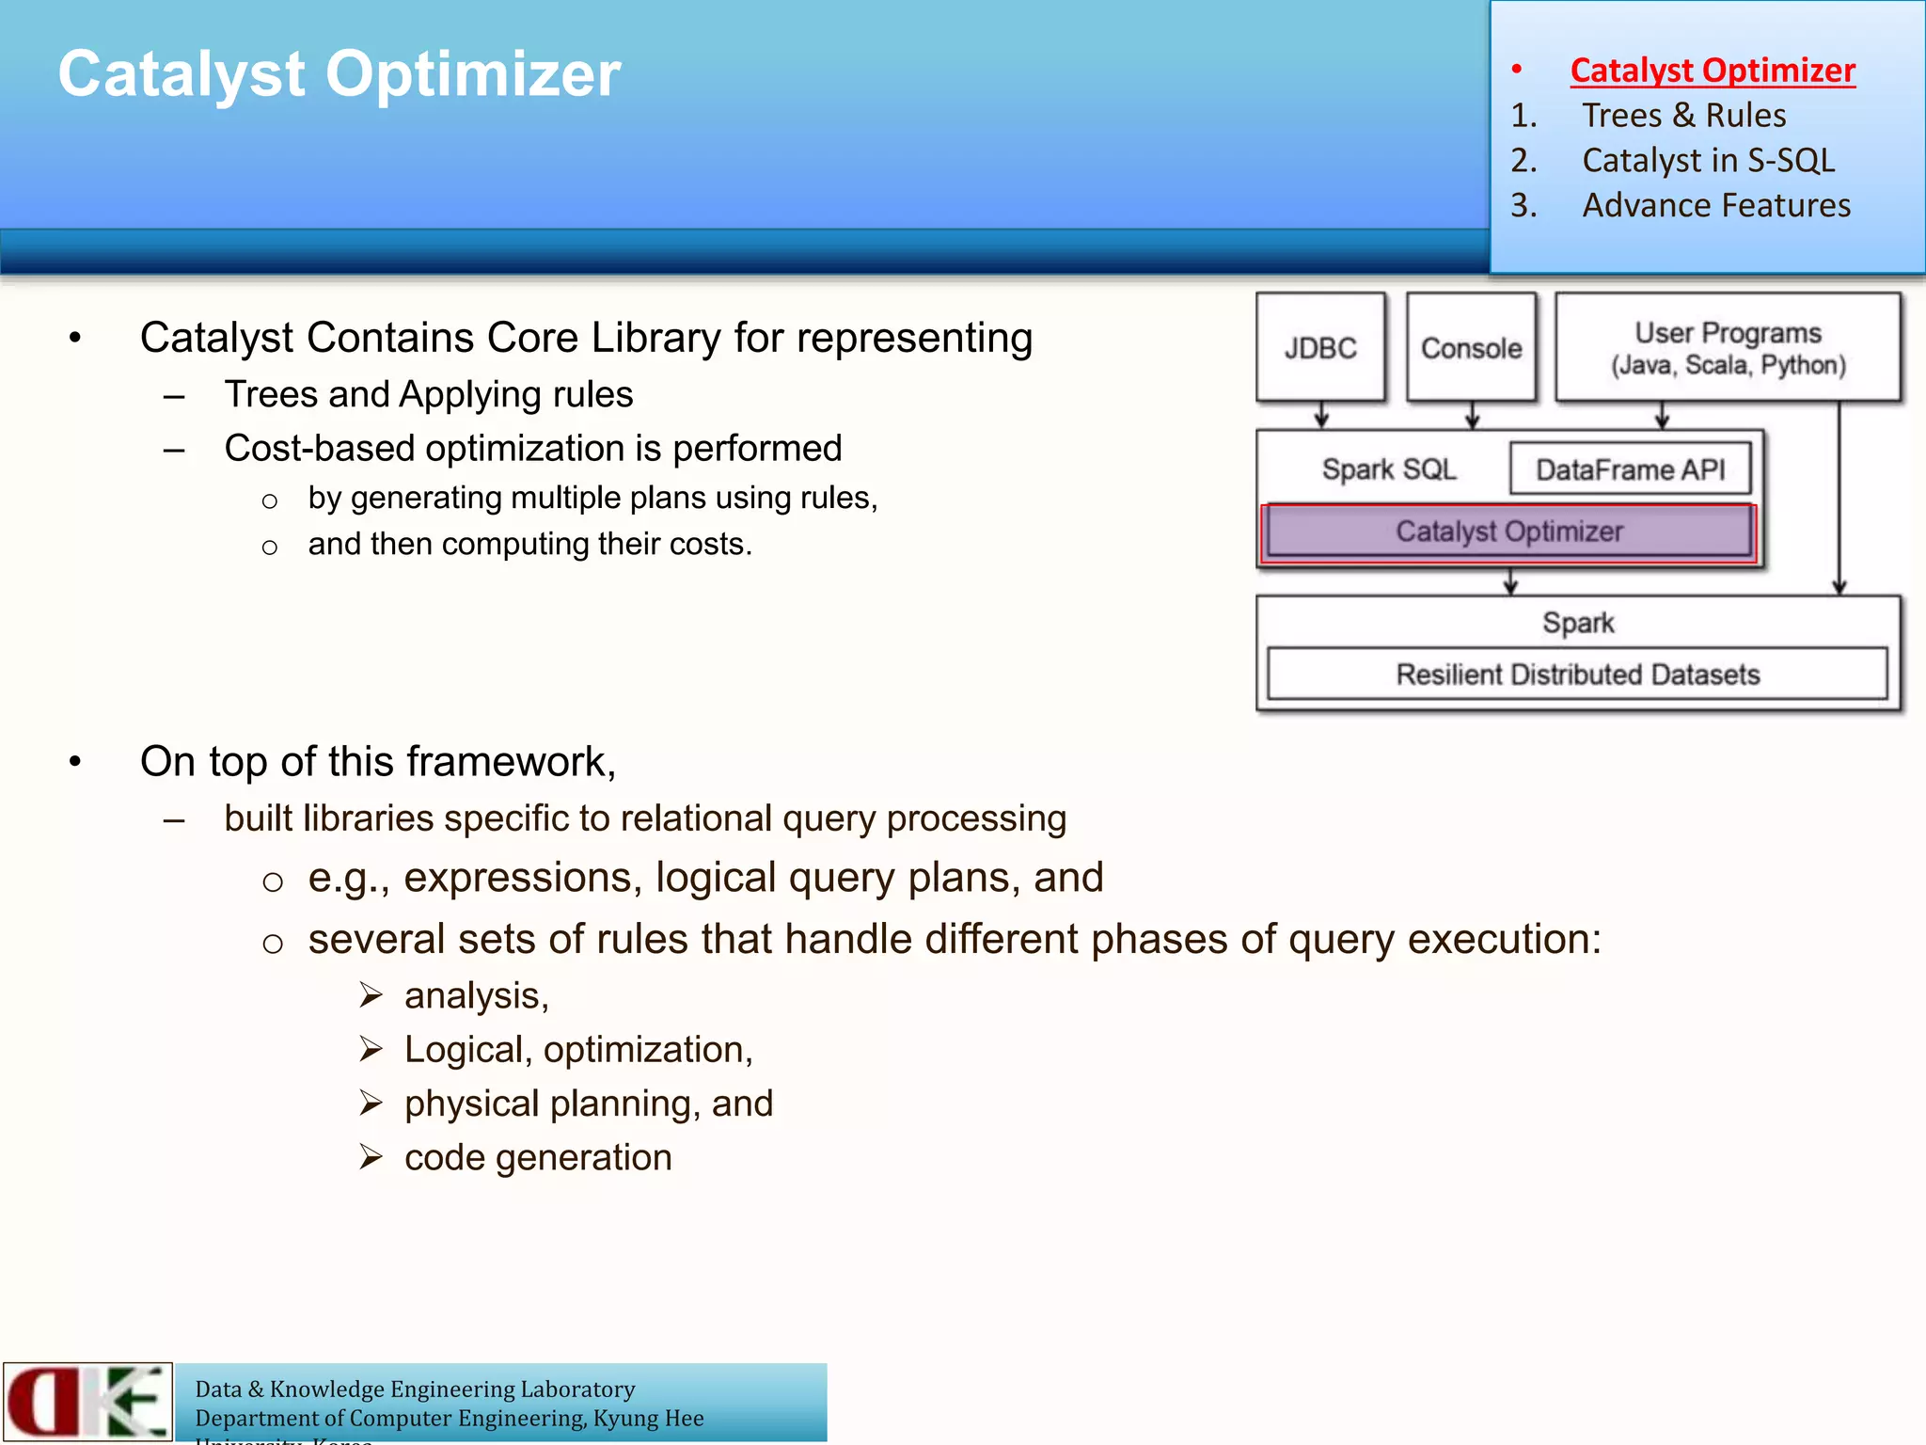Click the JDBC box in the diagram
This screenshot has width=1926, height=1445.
(1320, 348)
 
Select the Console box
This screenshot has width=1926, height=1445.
(1471, 348)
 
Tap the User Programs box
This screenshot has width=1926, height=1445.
(1728, 348)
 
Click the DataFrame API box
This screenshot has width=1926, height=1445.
(1630, 469)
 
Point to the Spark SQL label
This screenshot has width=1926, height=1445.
(1388, 469)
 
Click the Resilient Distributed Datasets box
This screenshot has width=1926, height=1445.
(1577, 675)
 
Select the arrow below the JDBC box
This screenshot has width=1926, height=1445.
(1321, 415)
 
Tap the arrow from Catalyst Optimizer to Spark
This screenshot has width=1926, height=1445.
(1510, 580)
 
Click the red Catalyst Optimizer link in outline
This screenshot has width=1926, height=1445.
(1712, 71)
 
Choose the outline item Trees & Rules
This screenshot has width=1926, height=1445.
(1683, 116)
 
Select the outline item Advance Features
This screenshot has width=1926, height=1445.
(1715, 206)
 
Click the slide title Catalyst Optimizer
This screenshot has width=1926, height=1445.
(339, 74)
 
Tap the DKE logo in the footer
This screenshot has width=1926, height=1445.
(87, 1401)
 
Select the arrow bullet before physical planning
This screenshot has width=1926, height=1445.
(371, 1103)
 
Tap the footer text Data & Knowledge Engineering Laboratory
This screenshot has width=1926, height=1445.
(415, 1389)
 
